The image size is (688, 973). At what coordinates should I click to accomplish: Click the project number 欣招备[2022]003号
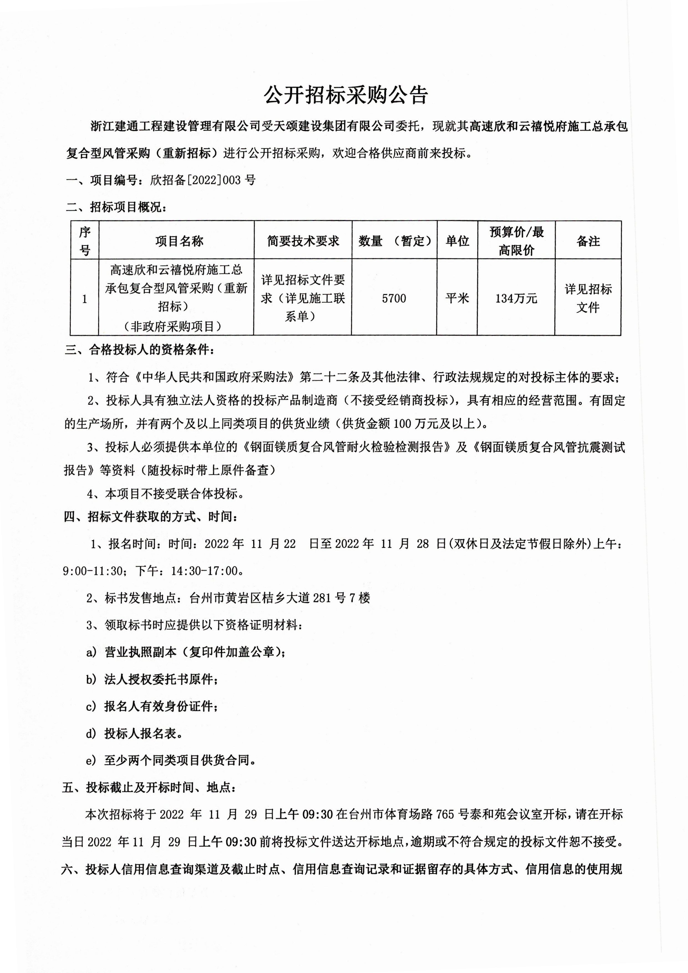pos(202,180)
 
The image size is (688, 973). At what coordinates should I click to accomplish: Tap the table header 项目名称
pos(179,241)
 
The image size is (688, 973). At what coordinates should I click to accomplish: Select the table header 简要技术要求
pos(303,241)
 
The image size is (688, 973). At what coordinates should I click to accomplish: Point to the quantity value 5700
pos(394,298)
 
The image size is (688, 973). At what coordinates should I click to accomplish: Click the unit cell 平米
pos(457,298)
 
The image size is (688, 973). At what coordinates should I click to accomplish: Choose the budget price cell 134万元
pos(516,298)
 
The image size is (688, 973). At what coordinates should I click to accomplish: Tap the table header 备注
pos(588,241)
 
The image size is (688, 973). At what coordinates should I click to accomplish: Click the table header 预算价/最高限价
pos(516,241)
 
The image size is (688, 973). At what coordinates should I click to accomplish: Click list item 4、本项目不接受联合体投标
pos(165,493)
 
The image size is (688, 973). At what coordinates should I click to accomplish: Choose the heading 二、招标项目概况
pos(116,207)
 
